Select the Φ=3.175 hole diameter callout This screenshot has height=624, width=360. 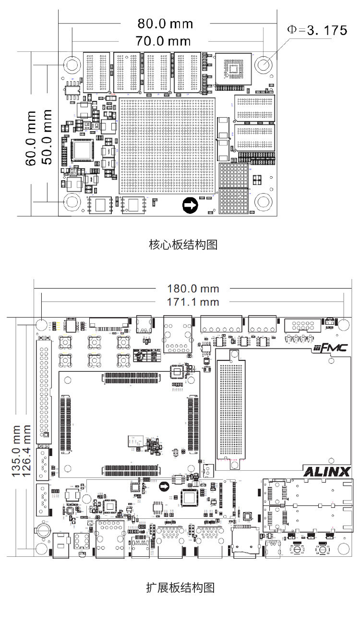(317, 30)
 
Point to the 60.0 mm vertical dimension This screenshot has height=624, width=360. (31, 138)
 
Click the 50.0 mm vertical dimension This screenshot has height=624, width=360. (47, 137)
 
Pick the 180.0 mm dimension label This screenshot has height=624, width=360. (193, 289)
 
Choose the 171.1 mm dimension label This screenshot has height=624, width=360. (193, 302)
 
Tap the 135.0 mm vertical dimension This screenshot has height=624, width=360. (16, 450)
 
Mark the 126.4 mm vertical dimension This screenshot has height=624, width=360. (27, 450)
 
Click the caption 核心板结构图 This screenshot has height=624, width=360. (183, 245)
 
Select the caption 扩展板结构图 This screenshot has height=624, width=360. (180, 587)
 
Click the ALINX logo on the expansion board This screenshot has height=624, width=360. (327, 471)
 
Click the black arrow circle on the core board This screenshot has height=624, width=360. (190, 206)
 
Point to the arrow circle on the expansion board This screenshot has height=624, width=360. (164, 487)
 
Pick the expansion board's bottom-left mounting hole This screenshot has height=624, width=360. (42, 549)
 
